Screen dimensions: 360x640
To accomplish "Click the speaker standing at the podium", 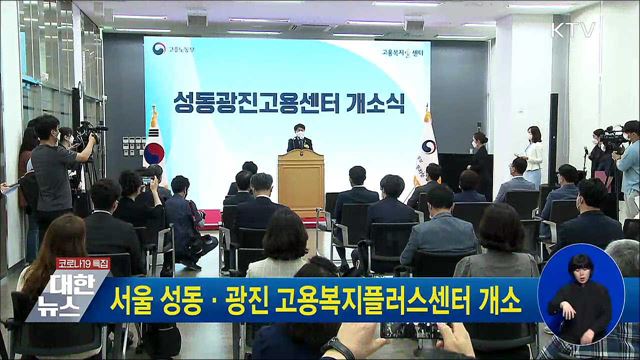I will [x=299, y=139].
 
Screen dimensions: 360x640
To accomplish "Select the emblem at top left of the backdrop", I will [x=160, y=49].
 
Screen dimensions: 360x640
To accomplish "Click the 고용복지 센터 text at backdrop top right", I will [x=405, y=51].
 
